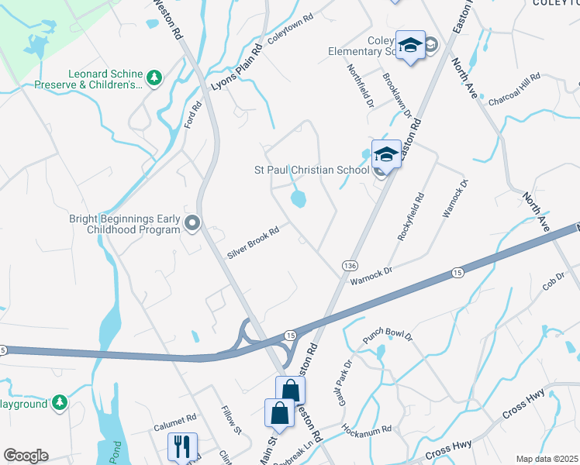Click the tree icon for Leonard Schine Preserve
click(x=154, y=77)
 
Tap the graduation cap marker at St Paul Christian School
click(x=385, y=153)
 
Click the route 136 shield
click(x=348, y=266)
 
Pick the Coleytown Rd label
click(x=290, y=27)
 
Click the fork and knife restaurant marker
click(x=182, y=446)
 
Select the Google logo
click(x=26, y=456)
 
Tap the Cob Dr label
click(x=554, y=282)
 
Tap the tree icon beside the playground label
click(x=58, y=403)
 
